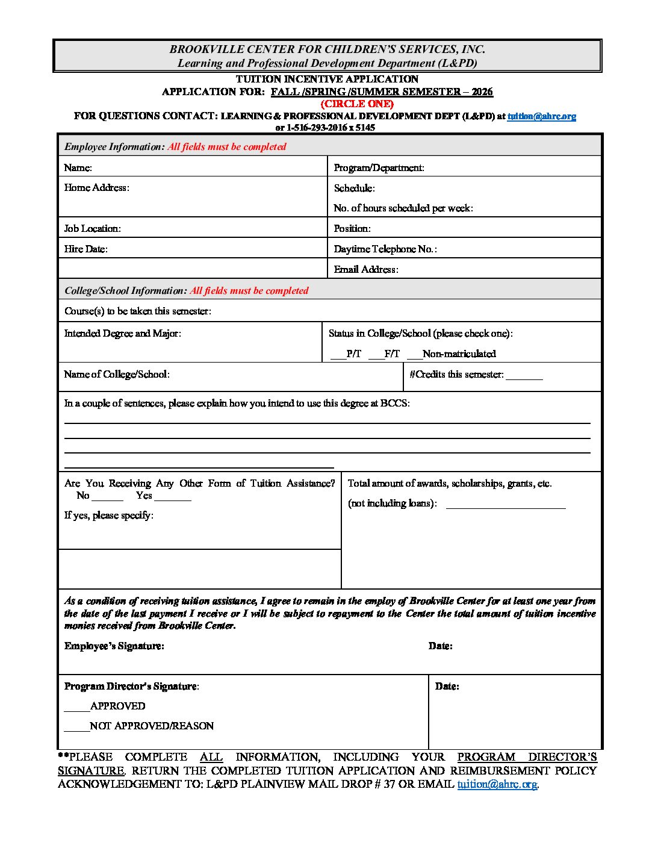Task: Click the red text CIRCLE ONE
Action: pos(357,104)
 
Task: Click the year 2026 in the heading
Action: pos(482,92)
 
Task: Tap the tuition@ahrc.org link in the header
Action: pos(541,116)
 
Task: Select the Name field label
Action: pos(78,167)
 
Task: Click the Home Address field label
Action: pos(96,187)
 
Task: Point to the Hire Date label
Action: pos(85,249)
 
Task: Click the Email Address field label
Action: pos(365,269)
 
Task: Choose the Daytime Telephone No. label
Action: pos(385,249)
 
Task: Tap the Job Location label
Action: pos(92,228)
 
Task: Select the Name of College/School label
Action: pos(116,374)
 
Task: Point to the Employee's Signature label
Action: pos(114,646)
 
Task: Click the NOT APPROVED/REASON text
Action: pos(152,726)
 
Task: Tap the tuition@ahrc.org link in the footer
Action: pos(497,784)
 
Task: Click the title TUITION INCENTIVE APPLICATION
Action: pos(327,79)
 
